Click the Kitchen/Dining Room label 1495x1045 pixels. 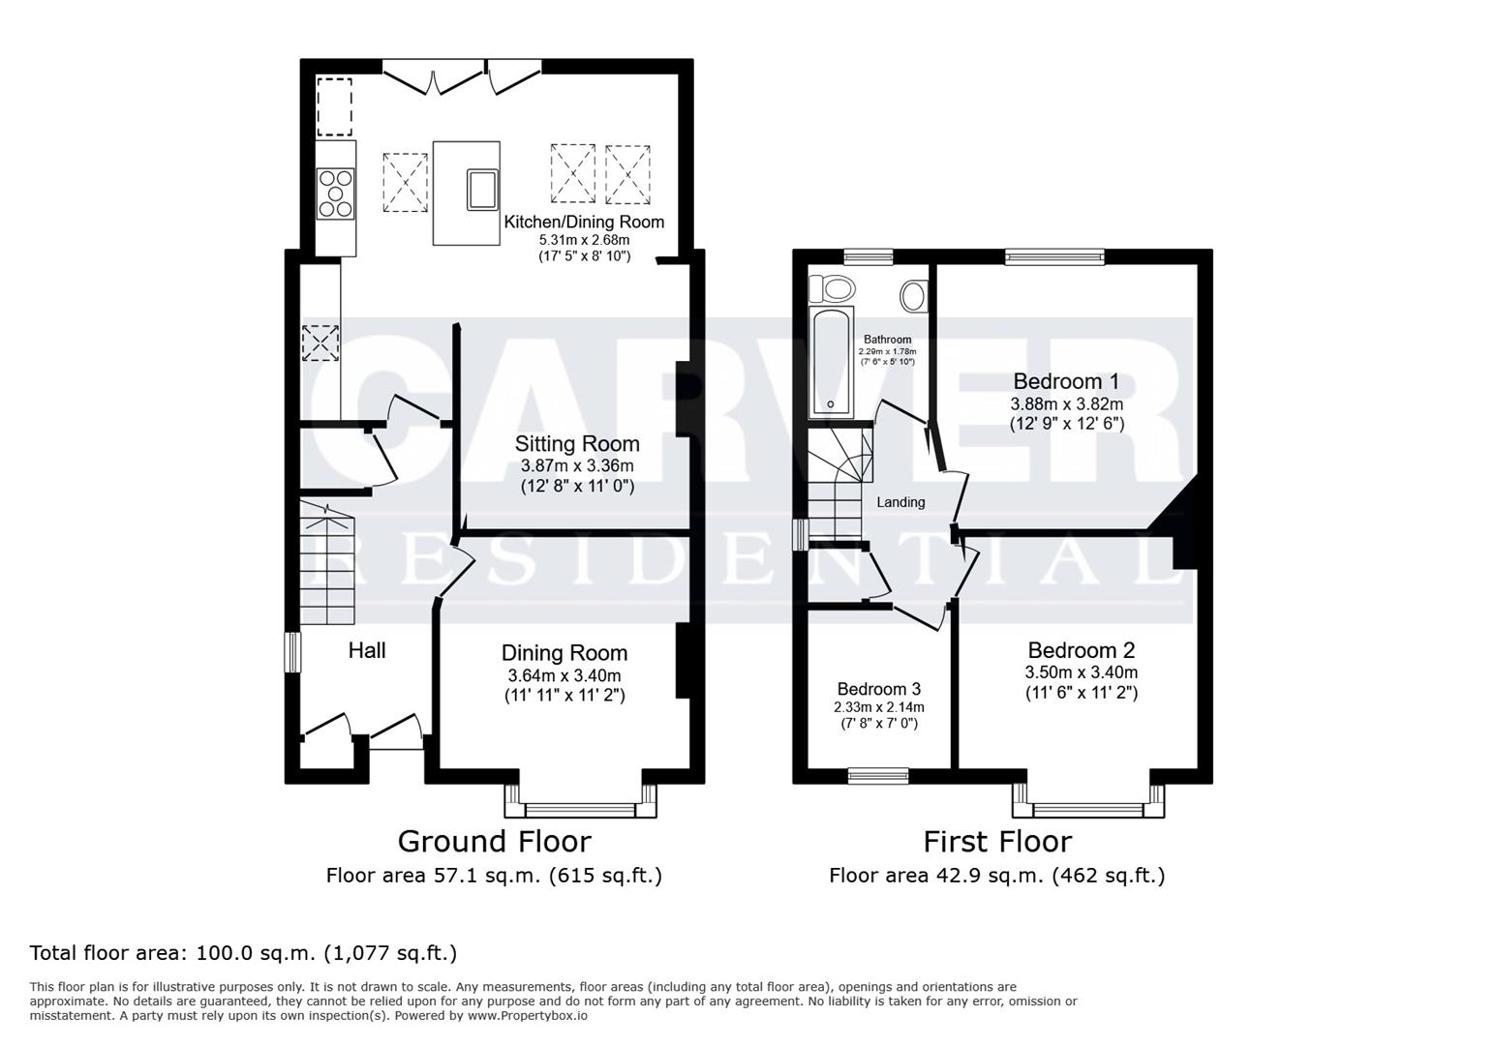point(584,222)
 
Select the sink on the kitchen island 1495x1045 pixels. point(482,189)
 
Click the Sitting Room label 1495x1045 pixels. point(577,444)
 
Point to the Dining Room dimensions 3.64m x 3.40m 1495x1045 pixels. point(564,675)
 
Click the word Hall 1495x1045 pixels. point(367,651)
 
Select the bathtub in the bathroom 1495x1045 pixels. point(831,363)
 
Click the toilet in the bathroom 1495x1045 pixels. point(832,288)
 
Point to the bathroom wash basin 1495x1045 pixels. point(913,295)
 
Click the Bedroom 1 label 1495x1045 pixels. point(1066,381)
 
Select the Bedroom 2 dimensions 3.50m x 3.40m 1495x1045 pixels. point(1082,672)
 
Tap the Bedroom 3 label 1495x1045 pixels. point(878,689)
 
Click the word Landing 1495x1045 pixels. point(900,502)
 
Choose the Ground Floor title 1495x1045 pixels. point(494,841)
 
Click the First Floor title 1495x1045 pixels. point(997,841)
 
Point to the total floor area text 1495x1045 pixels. point(243,953)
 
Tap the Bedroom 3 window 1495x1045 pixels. point(878,775)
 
